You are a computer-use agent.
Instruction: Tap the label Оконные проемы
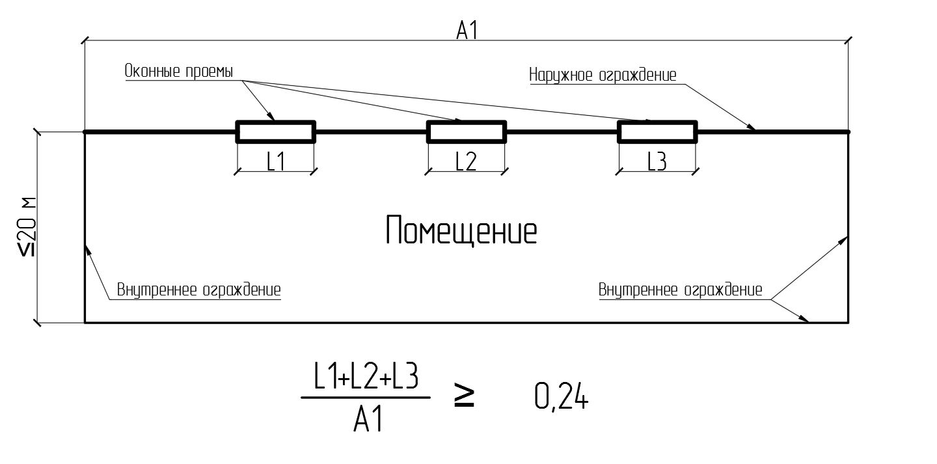tap(179, 72)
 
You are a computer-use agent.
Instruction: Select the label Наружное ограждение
tap(603, 75)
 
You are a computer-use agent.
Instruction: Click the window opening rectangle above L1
tap(275, 131)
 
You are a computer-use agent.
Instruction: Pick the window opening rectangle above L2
tap(466, 131)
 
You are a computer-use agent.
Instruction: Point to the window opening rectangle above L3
tap(657, 131)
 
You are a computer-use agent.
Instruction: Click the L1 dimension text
tap(276, 161)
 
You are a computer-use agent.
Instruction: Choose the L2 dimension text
tap(466, 161)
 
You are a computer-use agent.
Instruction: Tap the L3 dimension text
tap(657, 161)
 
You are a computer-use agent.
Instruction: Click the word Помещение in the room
tap(461, 232)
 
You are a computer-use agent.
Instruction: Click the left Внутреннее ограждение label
tap(199, 290)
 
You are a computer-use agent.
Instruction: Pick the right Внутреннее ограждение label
tap(680, 290)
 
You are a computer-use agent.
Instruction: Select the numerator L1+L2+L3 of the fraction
tap(366, 379)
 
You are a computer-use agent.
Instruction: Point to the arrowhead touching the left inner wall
tap(88, 248)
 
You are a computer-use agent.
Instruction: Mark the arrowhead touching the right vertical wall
tap(844, 239)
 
